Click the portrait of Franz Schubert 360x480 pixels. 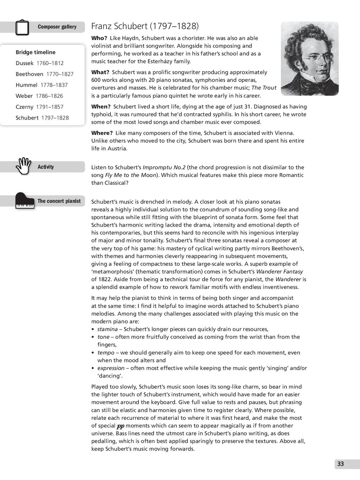(309, 59)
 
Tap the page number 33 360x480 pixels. (340, 464)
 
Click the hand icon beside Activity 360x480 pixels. (24, 166)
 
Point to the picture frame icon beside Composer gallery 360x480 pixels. (22, 27)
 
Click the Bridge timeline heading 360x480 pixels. (36, 52)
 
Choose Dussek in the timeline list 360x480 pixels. (25, 63)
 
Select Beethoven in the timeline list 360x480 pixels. (30, 74)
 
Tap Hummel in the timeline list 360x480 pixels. (26, 85)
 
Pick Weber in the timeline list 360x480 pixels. (24, 96)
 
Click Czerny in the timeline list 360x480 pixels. (25, 107)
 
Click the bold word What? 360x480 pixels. (100, 72)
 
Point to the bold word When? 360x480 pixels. (101, 107)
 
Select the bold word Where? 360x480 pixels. (102, 133)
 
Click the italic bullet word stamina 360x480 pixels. (107, 329)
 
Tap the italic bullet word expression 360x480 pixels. (111, 368)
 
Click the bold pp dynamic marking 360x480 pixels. (121, 426)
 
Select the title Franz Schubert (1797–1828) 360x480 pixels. (145, 26)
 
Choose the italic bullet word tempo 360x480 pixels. (106, 353)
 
